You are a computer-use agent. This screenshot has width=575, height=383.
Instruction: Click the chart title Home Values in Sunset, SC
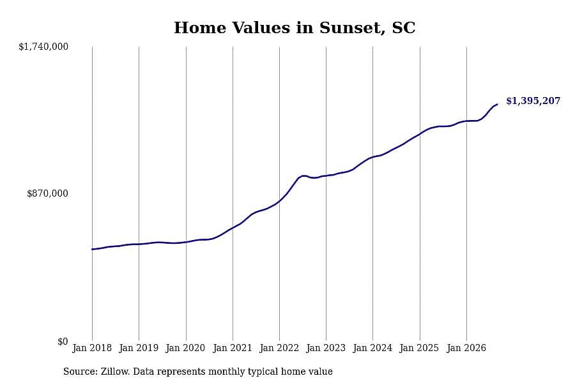coord(295,28)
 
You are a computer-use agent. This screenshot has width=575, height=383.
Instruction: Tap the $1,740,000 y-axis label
coord(43,47)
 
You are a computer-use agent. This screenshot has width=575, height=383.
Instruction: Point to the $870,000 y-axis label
coord(47,193)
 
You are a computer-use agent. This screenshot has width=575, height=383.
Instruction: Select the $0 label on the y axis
coord(63,342)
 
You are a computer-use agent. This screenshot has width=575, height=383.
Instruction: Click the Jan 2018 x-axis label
coord(92,348)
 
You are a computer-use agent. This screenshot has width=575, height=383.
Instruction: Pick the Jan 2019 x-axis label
coord(139,348)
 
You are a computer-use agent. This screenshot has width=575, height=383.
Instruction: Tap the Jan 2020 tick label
coord(185,348)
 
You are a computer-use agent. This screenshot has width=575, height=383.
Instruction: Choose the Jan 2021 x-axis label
coord(233,348)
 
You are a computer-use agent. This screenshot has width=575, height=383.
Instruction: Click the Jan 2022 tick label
coord(279,348)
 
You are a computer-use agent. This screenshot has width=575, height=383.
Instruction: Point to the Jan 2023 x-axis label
coord(326,348)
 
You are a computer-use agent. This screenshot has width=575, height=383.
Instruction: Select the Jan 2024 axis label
coord(372,348)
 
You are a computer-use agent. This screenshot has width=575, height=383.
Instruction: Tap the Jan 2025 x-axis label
coord(420,348)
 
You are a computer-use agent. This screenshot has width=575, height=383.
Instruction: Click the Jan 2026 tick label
coord(466,348)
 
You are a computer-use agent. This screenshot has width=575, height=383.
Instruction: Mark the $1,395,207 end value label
coord(533,101)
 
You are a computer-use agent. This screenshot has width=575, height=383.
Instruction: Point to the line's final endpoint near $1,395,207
coord(497,105)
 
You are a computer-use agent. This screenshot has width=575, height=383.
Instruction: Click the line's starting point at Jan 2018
coord(92,249)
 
